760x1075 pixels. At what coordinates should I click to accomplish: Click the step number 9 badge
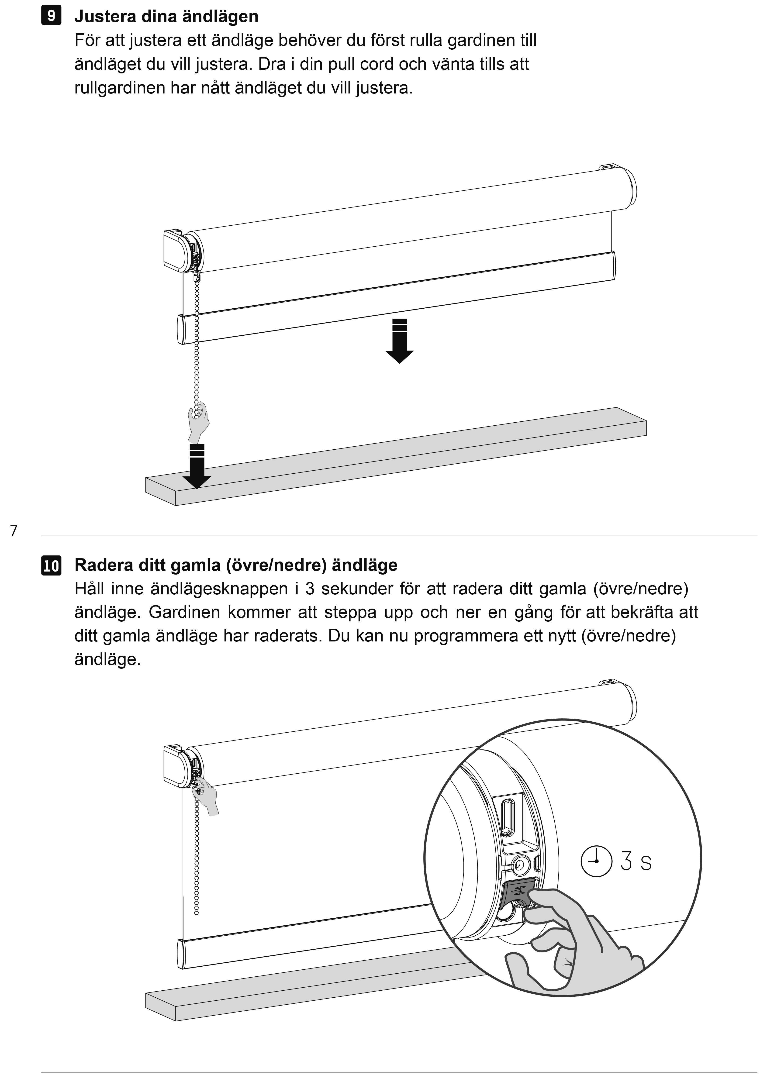tap(51, 16)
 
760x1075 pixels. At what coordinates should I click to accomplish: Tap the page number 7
tap(14, 531)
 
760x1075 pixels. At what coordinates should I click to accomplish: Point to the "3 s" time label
tap(636, 861)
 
